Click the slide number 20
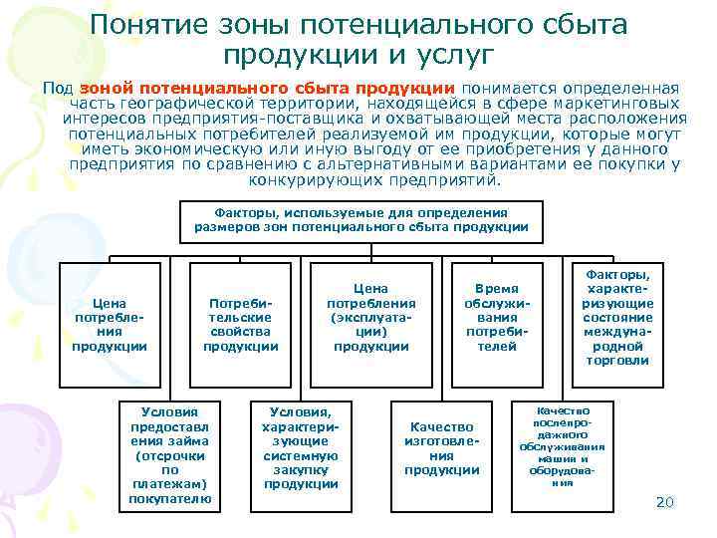[665, 501]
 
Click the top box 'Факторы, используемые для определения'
[360, 220]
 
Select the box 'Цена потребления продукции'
[109, 324]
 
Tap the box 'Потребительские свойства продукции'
[240, 324]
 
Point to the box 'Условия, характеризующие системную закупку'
[301, 447]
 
